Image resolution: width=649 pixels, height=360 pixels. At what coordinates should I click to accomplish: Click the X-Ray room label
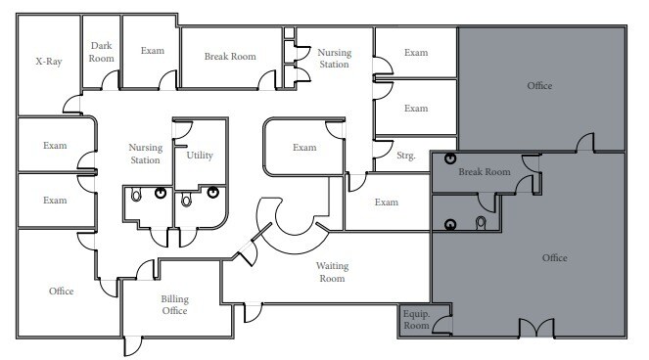click(x=49, y=62)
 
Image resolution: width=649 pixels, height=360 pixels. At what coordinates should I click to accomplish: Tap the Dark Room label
click(x=102, y=52)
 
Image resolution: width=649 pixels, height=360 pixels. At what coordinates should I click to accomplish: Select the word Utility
click(x=200, y=156)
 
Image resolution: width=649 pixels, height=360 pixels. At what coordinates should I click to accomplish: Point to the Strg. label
click(x=405, y=156)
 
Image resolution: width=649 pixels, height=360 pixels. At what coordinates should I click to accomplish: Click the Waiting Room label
click(x=332, y=272)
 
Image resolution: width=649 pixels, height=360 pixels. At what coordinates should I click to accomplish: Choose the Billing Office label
click(x=174, y=304)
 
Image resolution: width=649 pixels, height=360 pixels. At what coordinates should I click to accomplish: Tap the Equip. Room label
click(x=416, y=320)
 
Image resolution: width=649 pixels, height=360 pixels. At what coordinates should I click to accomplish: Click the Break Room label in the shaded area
click(x=485, y=172)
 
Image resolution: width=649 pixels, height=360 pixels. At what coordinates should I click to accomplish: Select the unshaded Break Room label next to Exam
click(x=230, y=57)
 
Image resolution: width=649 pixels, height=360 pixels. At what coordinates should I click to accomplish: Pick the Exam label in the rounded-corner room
click(x=304, y=148)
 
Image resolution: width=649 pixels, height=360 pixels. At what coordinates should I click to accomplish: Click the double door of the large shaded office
click(x=536, y=328)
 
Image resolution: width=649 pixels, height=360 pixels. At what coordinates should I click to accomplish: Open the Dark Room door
click(x=110, y=80)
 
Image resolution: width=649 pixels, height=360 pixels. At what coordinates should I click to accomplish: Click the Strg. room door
click(x=383, y=150)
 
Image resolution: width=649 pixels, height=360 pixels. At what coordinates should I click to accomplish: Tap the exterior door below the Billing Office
click(x=133, y=346)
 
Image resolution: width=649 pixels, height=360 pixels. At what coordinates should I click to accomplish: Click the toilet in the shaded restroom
click(x=481, y=223)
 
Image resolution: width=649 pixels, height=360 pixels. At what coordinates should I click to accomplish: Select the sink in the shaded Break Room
click(x=450, y=158)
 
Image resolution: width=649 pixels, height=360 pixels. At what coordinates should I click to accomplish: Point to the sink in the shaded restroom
click(x=450, y=224)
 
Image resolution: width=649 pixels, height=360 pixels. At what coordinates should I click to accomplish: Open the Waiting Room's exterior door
click(x=253, y=312)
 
